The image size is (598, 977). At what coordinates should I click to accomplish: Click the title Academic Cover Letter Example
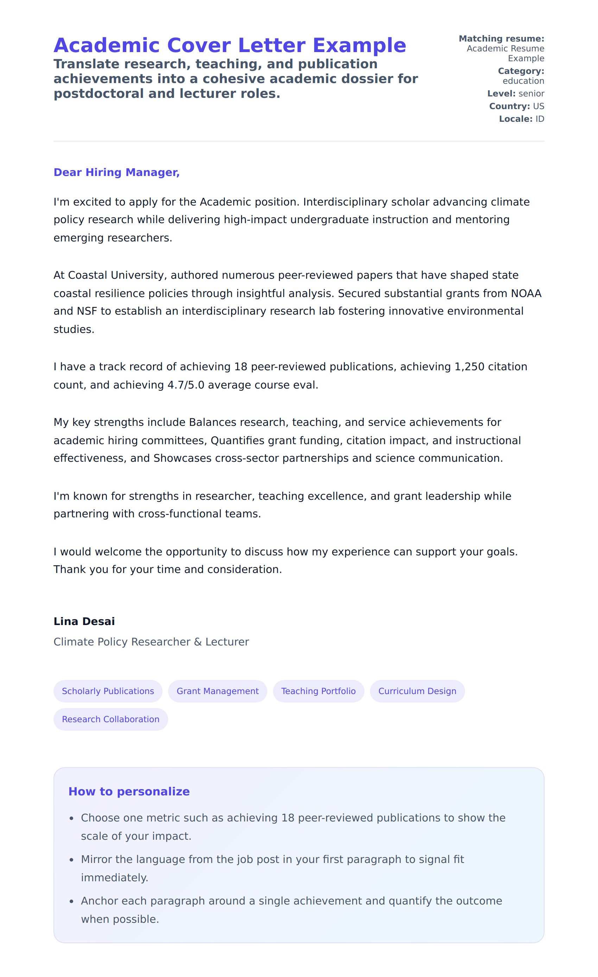coord(230,45)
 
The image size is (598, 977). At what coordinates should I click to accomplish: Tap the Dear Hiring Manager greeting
coord(116,172)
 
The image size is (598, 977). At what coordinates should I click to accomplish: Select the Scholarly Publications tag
coord(108,691)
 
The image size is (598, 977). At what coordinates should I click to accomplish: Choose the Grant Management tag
coord(217,691)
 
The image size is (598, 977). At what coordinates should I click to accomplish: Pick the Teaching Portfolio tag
coord(318,691)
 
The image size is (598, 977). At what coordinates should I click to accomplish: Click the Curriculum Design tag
coord(417,691)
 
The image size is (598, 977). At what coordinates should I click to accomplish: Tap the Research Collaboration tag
coord(110,719)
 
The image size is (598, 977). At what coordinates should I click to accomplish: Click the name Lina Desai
coord(84,621)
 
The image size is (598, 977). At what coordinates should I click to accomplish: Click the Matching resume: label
coord(501,38)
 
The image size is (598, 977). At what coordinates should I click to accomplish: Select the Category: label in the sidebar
coord(521,71)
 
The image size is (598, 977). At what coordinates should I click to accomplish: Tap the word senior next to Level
coord(531,94)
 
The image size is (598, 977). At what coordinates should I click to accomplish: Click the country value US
coord(538,106)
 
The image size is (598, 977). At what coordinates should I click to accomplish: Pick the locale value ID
coord(539,119)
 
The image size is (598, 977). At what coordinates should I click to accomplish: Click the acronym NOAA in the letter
coord(526,293)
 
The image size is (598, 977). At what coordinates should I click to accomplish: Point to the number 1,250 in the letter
coord(469,366)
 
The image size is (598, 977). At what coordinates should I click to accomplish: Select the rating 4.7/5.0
coord(186,385)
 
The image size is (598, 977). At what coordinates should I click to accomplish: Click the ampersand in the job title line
coord(198,642)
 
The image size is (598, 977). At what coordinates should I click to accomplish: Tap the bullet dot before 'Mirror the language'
coord(71,860)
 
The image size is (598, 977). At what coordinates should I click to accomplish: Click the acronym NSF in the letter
coord(87,311)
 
